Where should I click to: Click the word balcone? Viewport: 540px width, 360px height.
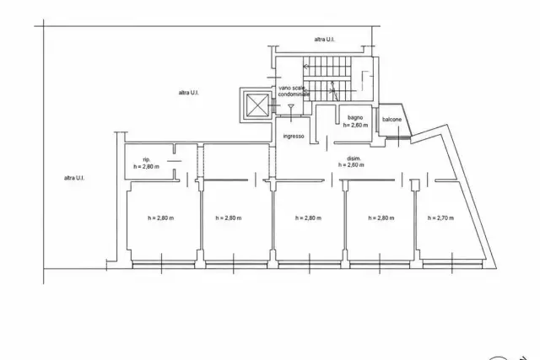coord(391,120)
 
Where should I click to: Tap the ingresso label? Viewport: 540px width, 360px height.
coord(294,137)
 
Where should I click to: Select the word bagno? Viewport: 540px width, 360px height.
coord(355,118)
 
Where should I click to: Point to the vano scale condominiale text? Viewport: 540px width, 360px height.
coord(294,91)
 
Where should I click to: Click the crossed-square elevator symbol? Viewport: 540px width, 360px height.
coord(257,105)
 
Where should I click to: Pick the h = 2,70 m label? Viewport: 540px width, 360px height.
coord(440,218)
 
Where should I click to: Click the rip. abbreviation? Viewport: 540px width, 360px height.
coord(146,159)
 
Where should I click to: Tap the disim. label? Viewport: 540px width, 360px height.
coord(354,159)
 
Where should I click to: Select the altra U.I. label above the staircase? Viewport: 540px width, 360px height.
coord(324,40)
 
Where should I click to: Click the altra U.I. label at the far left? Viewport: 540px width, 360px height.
coord(74,178)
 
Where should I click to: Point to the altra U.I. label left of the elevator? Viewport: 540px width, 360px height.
coord(189,93)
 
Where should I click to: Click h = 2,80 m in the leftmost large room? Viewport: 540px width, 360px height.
coord(161,218)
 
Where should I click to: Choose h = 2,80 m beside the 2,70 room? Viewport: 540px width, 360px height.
coord(381,218)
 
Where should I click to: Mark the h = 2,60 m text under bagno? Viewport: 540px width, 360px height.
coord(355,126)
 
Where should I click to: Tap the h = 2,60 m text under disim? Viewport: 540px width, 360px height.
coord(351,165)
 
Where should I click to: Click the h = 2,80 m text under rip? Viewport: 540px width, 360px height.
coord(146,167)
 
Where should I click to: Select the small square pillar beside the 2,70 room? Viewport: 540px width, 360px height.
coord(415,184)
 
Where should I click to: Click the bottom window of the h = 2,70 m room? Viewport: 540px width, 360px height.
coord(452,265)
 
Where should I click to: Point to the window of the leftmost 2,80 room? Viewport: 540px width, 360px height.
coord(164,265)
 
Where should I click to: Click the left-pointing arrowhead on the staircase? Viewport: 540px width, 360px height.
coord(305,66)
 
